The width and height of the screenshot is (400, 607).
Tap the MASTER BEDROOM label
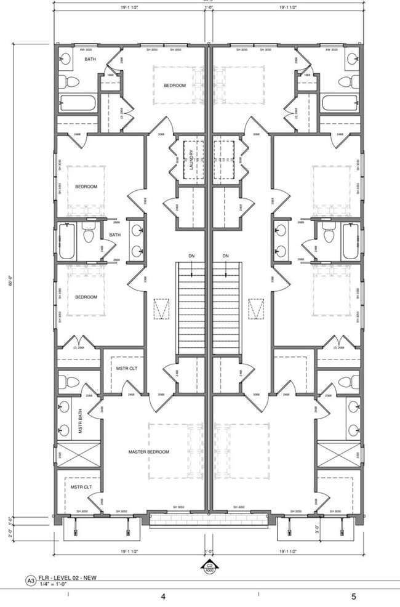148,452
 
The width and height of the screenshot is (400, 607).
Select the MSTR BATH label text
81,421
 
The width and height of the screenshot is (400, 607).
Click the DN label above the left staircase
192,255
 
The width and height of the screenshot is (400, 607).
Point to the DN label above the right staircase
225,255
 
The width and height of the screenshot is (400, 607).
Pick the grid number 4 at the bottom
163,597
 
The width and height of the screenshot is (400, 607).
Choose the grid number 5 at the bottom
354,597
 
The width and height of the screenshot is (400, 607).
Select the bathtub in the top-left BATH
77,102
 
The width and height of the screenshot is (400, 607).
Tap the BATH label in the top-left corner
90,59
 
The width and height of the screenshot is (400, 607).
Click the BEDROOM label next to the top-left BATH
175,86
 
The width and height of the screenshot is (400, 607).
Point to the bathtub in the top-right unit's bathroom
340,102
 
